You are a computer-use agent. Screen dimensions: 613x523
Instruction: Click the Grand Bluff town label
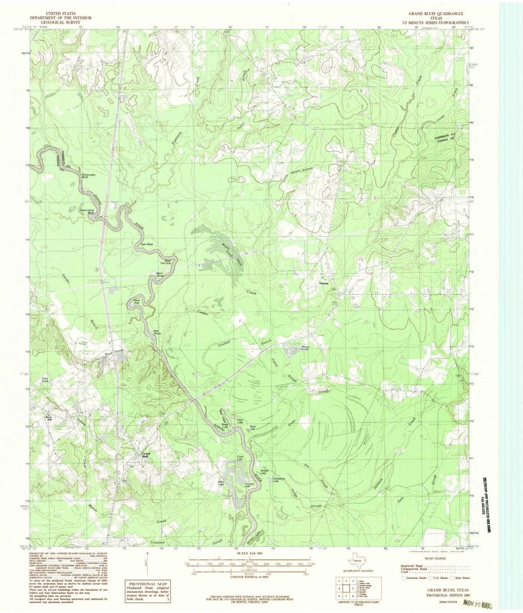coord(146,455)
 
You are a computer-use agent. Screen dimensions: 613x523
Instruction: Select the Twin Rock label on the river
coord(146,244)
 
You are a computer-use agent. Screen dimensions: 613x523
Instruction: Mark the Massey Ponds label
coord(305,347)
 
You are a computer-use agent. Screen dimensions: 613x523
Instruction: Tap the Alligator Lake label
coord(250,485)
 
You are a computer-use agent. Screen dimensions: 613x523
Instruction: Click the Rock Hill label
coord(48,418)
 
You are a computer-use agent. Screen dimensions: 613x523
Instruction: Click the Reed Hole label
coord(136,301)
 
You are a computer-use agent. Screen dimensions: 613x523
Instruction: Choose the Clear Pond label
coord(45,380)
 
